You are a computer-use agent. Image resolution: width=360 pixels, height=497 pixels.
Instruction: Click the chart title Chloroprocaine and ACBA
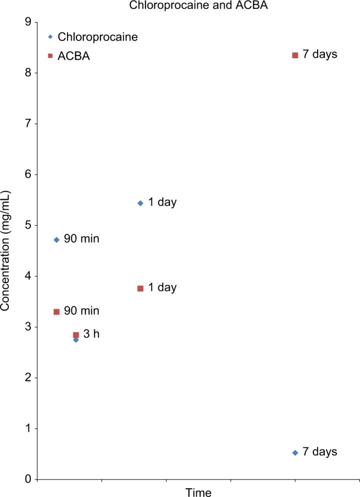tap(180, 7)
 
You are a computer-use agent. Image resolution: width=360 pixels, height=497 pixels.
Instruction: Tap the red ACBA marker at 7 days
tap(295, 55)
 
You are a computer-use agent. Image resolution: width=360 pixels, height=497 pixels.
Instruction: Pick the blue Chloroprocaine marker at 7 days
tap(295, 453)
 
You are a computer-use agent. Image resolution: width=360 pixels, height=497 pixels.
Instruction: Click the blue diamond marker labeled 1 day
tap(140, 203)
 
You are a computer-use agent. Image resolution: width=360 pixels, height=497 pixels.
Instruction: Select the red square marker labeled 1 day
tap(140, 288)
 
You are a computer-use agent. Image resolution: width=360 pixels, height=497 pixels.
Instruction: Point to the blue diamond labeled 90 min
tap(56, 239)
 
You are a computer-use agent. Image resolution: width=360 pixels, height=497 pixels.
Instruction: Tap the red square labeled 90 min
tap(56, 311)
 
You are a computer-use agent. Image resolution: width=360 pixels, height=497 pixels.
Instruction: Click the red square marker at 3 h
tap(76, 334)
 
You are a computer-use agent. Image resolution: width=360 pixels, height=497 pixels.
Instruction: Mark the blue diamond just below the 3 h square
tap(76, 340)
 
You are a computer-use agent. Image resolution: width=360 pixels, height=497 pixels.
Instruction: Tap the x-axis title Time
tap(198, 492)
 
